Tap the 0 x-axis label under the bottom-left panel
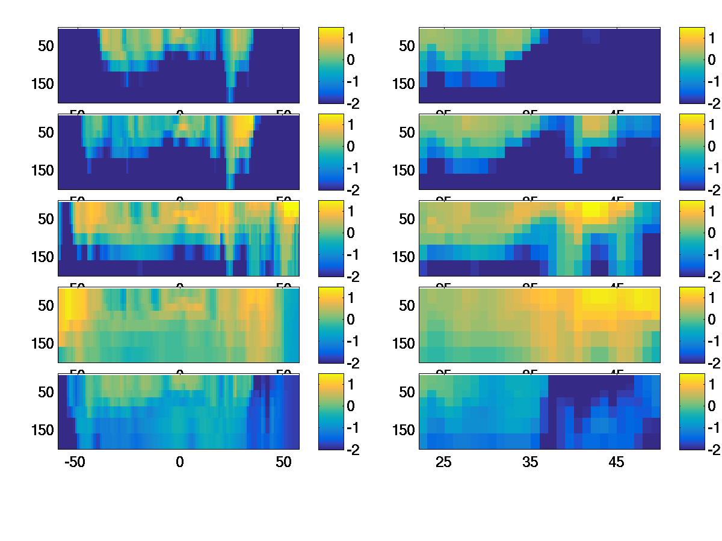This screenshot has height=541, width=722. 179,462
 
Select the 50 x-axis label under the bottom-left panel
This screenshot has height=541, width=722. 283,462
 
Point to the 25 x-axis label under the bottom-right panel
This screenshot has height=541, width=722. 443,462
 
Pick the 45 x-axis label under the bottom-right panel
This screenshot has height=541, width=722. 617,462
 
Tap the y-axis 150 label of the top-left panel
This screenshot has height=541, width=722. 42,84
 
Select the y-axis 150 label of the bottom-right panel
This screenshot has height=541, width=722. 403,430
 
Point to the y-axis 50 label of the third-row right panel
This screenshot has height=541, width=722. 407,219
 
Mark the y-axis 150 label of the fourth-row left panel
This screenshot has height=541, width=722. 42,343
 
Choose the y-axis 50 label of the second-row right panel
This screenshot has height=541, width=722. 407,132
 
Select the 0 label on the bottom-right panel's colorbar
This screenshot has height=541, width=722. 712,406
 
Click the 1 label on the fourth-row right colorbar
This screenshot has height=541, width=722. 712,298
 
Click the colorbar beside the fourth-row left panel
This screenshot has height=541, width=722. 330,325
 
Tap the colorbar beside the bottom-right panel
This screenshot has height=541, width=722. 692,411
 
